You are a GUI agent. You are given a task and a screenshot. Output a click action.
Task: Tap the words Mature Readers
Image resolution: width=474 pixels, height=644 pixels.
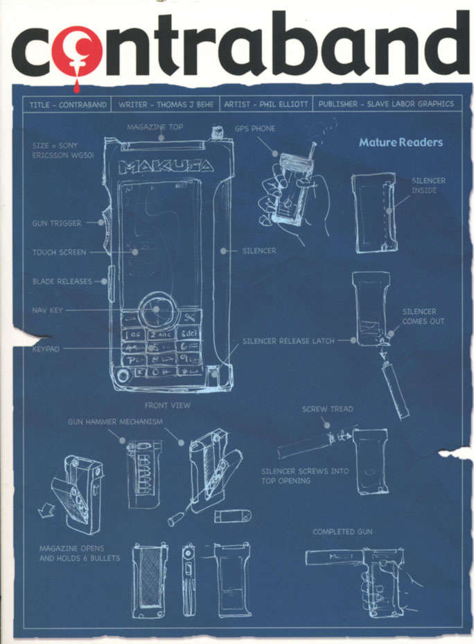coord(400,143)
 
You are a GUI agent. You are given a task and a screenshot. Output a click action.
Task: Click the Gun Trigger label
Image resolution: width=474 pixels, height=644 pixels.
coord(57,223)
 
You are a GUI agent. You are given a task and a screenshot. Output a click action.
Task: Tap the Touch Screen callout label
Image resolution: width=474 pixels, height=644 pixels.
coord(60,253)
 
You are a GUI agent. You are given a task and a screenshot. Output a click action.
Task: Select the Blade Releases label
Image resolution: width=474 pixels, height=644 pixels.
coord(61,282)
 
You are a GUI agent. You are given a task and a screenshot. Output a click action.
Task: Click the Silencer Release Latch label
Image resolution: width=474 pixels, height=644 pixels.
coord(288,341)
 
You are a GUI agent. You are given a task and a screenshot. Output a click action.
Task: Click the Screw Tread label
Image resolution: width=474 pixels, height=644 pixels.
coord(327,409)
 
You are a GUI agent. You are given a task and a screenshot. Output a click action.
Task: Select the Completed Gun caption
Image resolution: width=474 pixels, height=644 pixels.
coord(342,532)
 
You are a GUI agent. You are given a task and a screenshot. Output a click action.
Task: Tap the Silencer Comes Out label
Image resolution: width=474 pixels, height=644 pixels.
coord(423,316)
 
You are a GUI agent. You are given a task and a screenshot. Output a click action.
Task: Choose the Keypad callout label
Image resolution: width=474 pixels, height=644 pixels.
coord(46,349)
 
